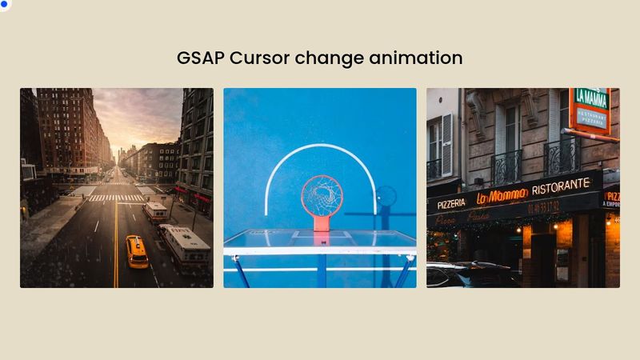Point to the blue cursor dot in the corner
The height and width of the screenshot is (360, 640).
(x=3, y=3)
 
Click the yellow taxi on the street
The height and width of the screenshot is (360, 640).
(x=137, y=250)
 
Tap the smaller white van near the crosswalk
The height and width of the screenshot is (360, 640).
(x=155, y=212)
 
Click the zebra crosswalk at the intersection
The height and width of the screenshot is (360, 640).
(x=116, y=198)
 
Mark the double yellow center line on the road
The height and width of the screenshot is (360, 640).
(x=116, y=248)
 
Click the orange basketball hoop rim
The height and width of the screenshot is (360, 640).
(x=322, y=192)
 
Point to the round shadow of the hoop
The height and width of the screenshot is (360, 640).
(x=386, y=195)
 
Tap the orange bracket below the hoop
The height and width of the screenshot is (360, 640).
(x=322, y=224)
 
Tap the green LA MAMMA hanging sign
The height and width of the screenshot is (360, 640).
(x=590, y=109)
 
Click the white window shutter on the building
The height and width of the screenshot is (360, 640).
(x=446, y=144)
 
